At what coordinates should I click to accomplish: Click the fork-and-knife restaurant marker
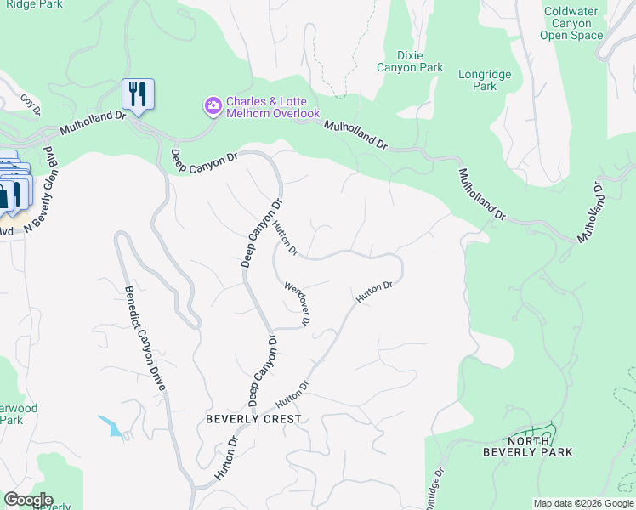138,93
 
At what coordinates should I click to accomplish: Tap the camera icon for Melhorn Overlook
212,106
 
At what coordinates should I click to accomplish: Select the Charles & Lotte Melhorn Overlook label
272,106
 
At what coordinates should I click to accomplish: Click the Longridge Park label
485,80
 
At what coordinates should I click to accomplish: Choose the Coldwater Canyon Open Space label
571,23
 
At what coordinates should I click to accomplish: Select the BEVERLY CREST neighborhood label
253,419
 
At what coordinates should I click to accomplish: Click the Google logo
27,500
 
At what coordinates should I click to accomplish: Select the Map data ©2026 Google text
583,503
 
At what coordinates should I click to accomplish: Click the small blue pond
110,426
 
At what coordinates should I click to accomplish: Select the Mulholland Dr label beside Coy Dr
94,127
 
